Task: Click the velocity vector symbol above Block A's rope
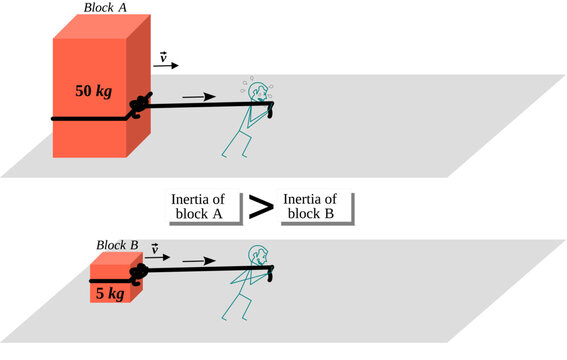pyautogui.click(x=163, y=59)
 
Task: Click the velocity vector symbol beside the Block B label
pyautogui.click(x=153, y=247)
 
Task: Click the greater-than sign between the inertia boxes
pyautogui.click(x=261, y=208)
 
